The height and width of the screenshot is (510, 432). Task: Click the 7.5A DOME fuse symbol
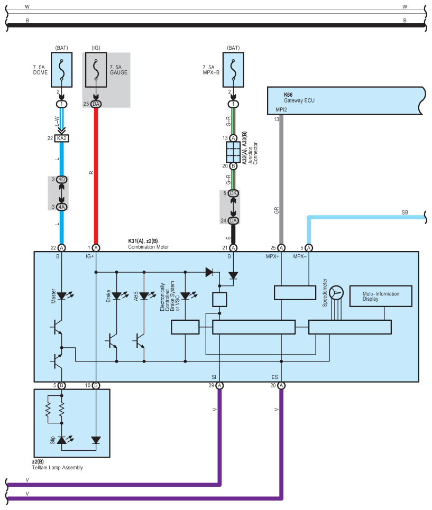(61, 70)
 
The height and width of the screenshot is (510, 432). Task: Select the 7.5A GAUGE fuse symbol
(96, 70)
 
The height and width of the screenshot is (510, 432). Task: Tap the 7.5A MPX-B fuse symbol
(233, 70)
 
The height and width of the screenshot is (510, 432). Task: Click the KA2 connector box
(61, 138)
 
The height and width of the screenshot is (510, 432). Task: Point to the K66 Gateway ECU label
(299, 98)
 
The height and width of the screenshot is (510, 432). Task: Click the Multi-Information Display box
(381, 296)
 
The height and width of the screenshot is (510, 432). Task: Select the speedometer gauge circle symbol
(336, 293)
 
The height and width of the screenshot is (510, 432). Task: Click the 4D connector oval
(61, 179)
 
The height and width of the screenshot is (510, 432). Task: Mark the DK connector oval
(233, 193)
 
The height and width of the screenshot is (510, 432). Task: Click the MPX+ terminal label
(272, 256)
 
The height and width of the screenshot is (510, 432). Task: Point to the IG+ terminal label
(89, 256)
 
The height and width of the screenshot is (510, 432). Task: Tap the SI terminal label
(214, 377)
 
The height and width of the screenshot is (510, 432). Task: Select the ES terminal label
(274, 377)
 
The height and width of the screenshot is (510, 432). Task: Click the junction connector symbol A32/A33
(233, 152)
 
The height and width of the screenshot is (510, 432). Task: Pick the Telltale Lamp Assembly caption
(57, 467)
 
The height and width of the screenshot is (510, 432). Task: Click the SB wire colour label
(405, 212)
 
